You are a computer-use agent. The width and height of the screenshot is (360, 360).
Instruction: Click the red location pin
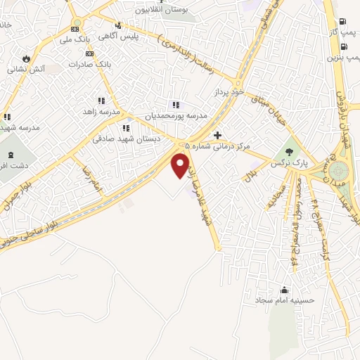click(181, 164)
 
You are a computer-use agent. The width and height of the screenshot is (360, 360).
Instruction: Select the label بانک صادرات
click(66, 64)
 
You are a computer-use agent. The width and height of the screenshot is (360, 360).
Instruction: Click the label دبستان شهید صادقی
click(127, 139)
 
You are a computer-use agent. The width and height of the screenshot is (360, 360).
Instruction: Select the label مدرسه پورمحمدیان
click(176, 115)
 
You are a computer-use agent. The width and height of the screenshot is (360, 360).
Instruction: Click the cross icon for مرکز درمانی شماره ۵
click(218, 135)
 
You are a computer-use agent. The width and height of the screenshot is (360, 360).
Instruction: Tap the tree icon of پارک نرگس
click(288, 151)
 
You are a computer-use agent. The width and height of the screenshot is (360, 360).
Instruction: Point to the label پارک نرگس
click(288, 163)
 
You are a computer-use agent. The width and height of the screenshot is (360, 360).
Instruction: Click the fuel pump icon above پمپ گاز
click(342, 21)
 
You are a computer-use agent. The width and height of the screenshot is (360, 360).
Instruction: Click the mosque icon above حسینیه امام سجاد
click(284, 290)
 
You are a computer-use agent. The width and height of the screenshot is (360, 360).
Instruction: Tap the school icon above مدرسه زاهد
click(103, 101)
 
